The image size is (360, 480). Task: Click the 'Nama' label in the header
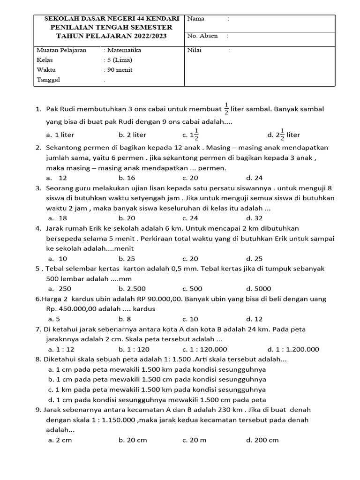click(196, 19)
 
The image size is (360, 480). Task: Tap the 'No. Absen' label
click(202, 36)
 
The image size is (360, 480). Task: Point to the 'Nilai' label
click(195, 50)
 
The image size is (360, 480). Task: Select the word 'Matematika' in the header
click(122, 50)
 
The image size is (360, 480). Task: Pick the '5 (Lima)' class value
click(118, 60)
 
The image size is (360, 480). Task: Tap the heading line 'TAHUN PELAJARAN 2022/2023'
click(111, 36)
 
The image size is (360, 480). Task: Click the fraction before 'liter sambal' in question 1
click(226, 109)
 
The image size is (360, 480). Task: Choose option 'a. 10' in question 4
click(58, 258)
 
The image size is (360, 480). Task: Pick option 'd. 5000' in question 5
click(258, 288)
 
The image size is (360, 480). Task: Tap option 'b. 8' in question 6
click(124, 319)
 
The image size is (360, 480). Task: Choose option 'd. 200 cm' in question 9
click(262, 440)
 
